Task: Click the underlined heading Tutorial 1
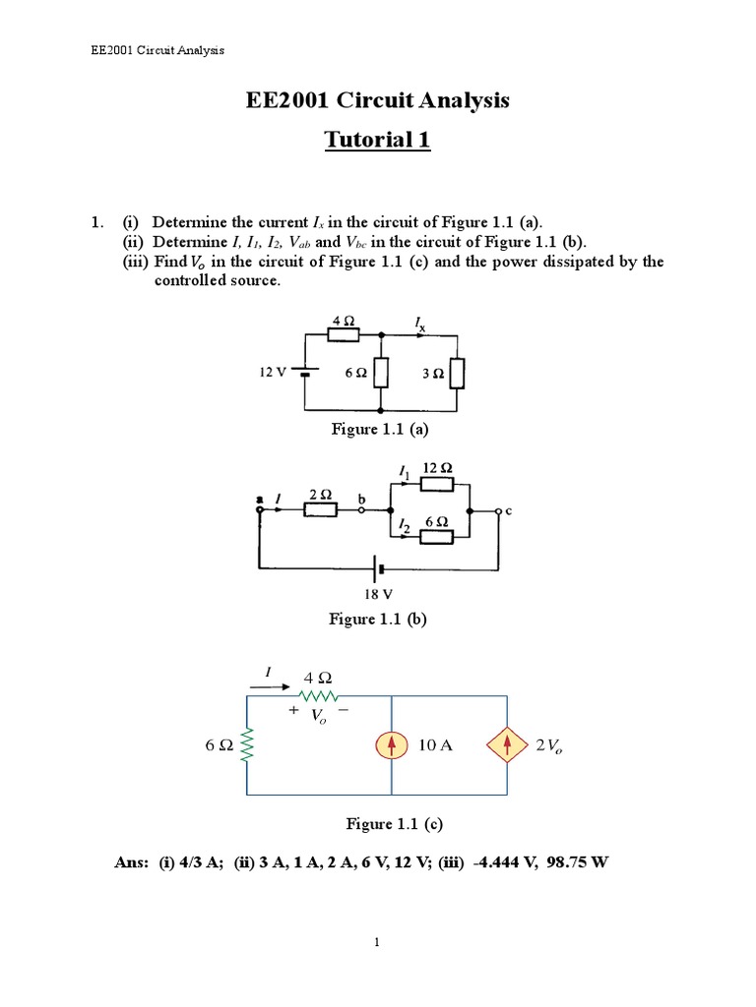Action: (378, 141)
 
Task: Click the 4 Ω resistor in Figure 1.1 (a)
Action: (344, 335)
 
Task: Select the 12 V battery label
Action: (272, 373)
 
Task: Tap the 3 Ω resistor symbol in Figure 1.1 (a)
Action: (457, 374)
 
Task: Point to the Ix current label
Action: (421, 321)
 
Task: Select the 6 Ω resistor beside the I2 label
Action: (436, 536)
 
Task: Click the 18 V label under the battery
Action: (378, 594)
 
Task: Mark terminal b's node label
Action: (361, 498)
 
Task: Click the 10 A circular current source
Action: (392, 746)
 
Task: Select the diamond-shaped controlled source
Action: (508, 746)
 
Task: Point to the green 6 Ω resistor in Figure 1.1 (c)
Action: (247, 746)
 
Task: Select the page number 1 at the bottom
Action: (377, 943)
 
